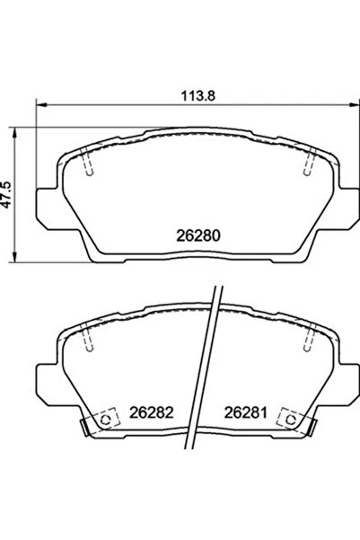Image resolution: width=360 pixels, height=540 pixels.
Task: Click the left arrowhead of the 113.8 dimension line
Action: coord(39,105)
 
